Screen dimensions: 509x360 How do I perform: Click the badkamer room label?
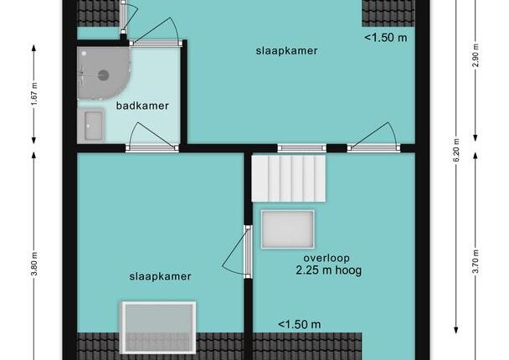[x=142, y=105]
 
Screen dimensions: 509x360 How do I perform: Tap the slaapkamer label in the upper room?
[x=286, y=51]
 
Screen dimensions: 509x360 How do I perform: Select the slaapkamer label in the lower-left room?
[x=160, y=276]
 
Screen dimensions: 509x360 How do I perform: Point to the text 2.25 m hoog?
[x=328, y=270]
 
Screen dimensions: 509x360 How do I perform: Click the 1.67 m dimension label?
[x=34, y=94]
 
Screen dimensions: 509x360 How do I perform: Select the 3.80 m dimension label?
[x=34, y=263]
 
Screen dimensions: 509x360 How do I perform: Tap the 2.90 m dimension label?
[x=476, y=55]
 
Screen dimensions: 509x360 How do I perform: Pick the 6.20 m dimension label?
[x=456, y=151]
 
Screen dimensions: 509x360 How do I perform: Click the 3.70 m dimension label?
[x=476, y=262]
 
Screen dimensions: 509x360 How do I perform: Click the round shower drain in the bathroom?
[x=104, y=75]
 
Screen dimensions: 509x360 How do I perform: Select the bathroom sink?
[x=93, y=126]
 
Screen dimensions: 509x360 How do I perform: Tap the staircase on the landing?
[x=288, y=178]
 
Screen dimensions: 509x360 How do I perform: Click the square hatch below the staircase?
[x=288, y=229]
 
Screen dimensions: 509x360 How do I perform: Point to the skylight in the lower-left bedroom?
[x=158, y=327]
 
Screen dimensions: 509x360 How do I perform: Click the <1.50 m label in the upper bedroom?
[x=386, y=38]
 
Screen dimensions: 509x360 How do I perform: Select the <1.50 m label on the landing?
[x=300, y=324]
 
